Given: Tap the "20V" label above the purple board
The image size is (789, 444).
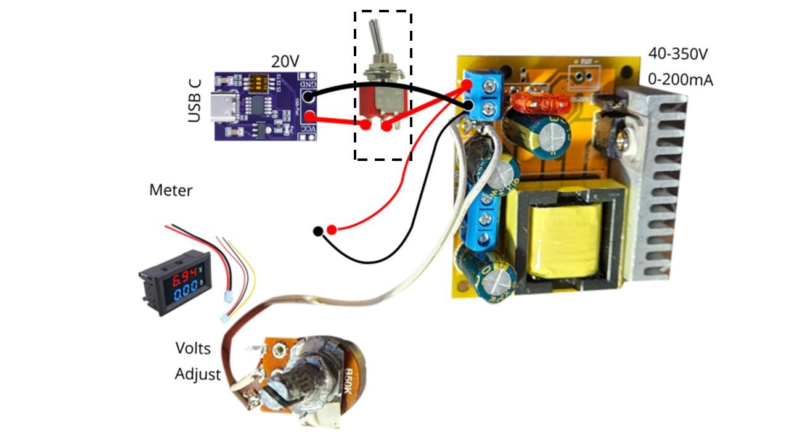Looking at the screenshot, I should coord(285,61).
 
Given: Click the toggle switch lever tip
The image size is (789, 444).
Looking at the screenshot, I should coord(374,27).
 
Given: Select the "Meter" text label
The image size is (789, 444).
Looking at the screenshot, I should coord(171,191).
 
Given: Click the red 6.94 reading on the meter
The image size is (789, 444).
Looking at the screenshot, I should coord(184,274).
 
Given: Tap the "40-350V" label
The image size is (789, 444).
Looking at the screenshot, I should coord(677,54).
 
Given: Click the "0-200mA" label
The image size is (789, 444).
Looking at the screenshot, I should coord(681,80).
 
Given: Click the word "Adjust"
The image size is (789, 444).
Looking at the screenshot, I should coord(197,374).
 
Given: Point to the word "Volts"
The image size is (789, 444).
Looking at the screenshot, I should coord(193,348).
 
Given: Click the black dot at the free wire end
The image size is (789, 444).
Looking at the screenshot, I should coord(317,231).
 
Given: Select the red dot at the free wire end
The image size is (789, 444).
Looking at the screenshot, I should coord(332,230).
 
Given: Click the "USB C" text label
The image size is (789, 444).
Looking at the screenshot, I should coord(195,100).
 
